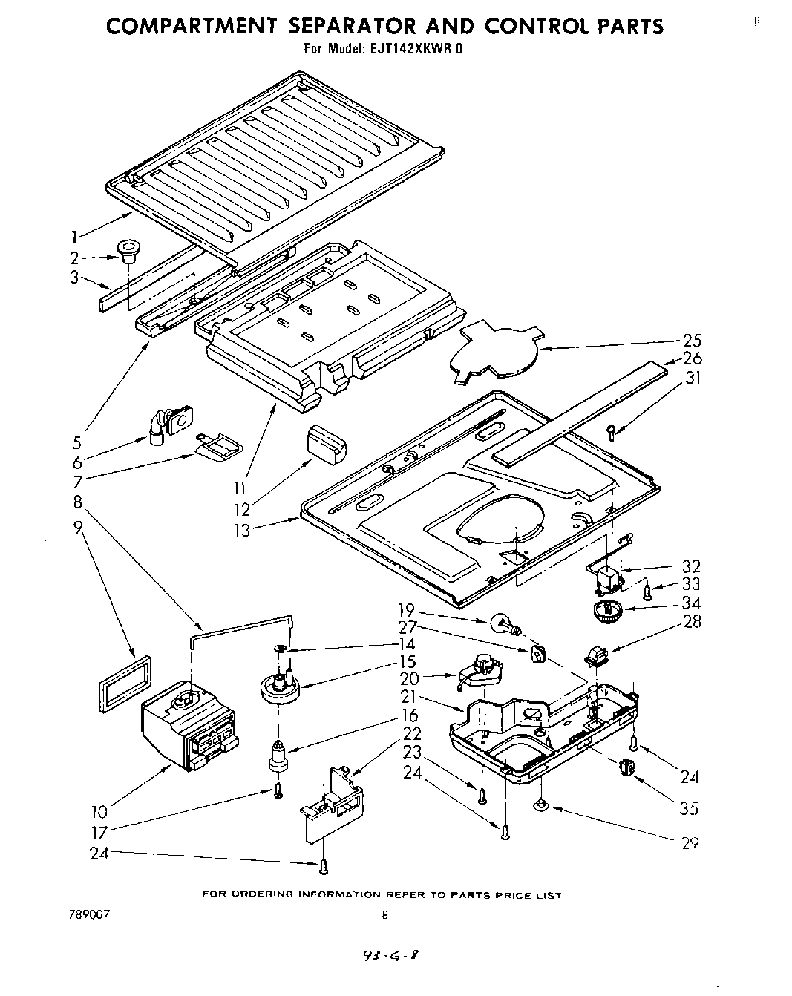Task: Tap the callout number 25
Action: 692,341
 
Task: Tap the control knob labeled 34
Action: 607,613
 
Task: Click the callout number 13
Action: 241,531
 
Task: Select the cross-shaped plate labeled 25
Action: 494,349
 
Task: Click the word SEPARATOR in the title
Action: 354,27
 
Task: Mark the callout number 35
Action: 689,808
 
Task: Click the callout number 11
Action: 240,488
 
